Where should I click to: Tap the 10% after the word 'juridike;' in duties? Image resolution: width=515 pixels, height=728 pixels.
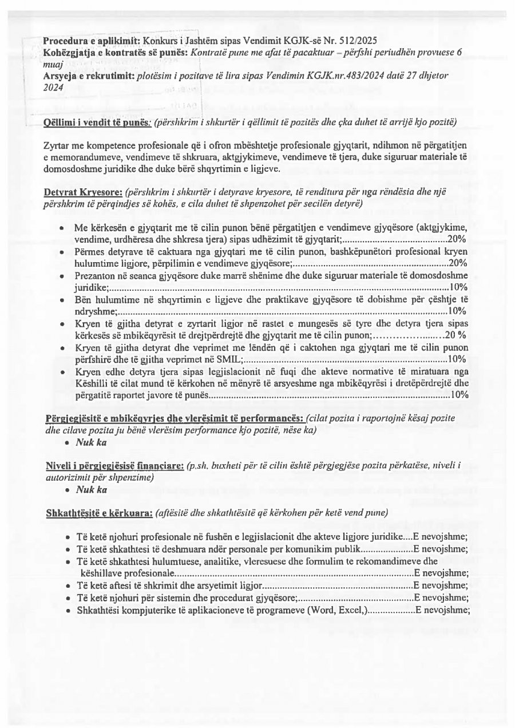click(x=459, y=287)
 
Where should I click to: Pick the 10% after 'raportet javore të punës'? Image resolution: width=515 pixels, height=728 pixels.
click(x=459, y=395)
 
